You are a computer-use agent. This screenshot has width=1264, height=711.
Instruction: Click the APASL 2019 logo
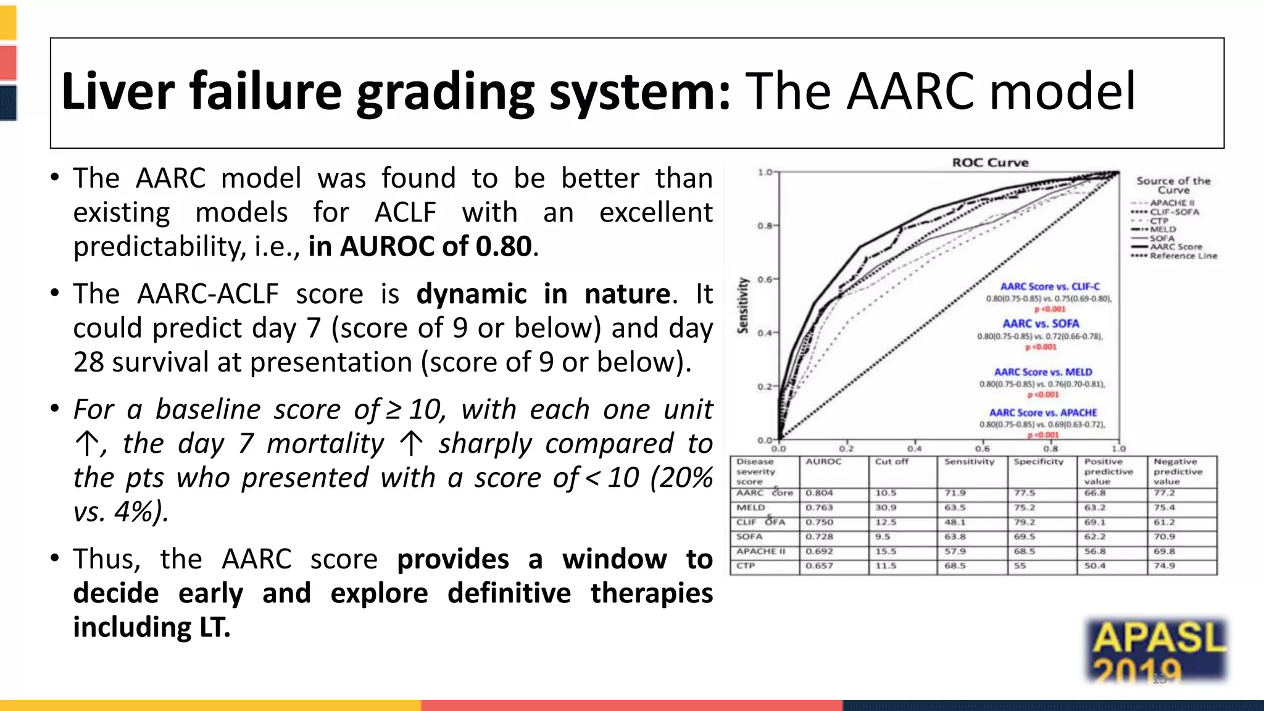click(x=1158, y=651)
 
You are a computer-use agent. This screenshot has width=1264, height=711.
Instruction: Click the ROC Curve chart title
click(x=990, y=162)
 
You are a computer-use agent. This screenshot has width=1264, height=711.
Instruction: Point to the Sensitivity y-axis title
click(x=743, y=305)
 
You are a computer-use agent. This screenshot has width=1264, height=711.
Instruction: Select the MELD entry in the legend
click(x=1163, y=229)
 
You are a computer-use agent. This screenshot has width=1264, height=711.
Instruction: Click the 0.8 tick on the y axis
click(x=765, y=226)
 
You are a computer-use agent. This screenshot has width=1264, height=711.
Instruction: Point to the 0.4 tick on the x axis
click(x=914, y=449)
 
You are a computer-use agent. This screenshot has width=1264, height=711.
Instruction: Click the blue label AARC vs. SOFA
click(x=1041, y=323)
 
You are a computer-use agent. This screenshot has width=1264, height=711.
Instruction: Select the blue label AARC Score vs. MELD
click(x=1043, y=372)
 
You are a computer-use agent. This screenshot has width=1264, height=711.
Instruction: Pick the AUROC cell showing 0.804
click(x=819, y=493)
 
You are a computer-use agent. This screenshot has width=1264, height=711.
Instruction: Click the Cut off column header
click(x=891, y=462)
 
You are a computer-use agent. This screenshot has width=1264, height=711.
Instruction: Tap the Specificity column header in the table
click(x=1039, y=462)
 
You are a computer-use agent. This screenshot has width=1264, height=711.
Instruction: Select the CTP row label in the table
click(x=746, y=565)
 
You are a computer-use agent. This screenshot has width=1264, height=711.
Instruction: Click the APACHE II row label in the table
click(x=760, y=551)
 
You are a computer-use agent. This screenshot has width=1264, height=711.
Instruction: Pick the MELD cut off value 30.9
click(x=886, y=507)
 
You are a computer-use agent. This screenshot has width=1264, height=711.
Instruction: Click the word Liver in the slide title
click(x=118, y=91)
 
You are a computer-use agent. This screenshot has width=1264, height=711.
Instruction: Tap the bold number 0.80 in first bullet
click(x=504, y=246)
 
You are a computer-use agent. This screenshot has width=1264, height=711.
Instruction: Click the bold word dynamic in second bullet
click(x=472, y=294)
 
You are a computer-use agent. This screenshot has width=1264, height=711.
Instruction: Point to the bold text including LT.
click(x=152, y=627)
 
